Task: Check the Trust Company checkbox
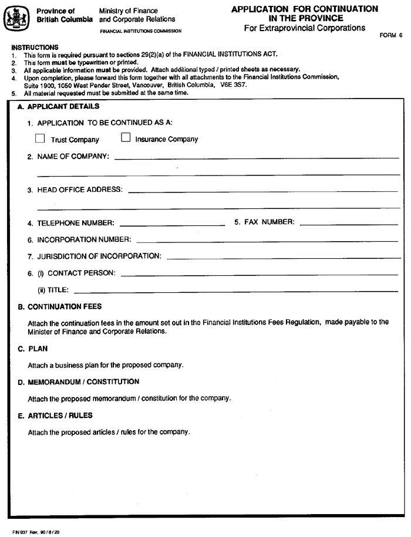pyautogui.click(x=40, y=139)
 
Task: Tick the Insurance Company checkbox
pyautogui.click(x=125, y=139)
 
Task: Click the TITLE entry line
pyautogui.click(x=235, y=291)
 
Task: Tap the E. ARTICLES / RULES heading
pyautogui.click(x=55, y=416)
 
